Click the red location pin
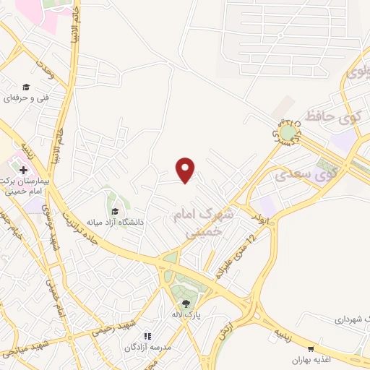coord(187,170)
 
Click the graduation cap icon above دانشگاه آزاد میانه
coord(114,211)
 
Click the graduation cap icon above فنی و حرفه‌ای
coord(27,86)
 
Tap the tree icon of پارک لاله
coord(186,304)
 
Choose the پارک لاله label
coord(186,316)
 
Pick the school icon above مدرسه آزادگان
coord(147,336)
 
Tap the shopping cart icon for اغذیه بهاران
coord(311,348)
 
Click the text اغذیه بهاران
coord(311,359)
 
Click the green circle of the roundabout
coord(289,132)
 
